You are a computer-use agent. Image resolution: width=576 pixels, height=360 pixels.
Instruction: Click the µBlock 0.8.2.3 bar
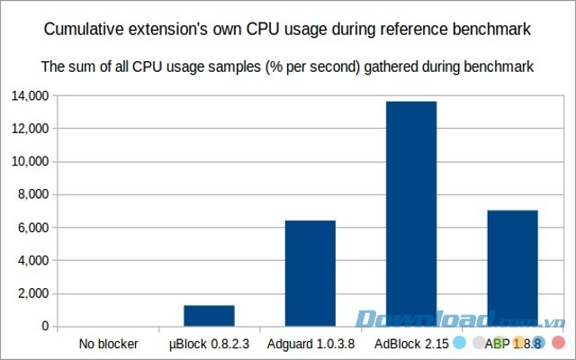209,316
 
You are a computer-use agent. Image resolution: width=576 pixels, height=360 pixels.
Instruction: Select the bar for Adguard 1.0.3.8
310,274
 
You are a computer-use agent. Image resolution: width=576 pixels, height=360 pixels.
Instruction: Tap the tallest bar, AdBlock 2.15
411,214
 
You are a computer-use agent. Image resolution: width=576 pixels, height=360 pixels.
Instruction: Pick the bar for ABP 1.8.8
512,268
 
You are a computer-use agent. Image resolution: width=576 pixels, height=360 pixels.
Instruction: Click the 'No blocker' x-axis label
108,343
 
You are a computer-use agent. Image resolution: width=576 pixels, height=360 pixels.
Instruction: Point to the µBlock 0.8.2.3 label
209,343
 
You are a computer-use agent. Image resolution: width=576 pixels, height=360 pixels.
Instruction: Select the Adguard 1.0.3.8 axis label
310,343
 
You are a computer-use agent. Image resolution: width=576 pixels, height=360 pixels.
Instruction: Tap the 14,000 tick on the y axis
31,95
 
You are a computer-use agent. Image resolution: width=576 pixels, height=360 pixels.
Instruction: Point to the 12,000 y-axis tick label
31,129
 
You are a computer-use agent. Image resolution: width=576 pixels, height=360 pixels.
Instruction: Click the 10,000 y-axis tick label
31,162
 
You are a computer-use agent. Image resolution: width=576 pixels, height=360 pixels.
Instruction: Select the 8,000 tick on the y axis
34,194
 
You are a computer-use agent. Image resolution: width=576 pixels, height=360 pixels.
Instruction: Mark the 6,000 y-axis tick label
34,228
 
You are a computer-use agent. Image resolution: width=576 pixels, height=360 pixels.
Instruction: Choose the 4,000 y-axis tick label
34,261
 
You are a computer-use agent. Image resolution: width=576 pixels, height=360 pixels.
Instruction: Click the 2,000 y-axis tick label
34,293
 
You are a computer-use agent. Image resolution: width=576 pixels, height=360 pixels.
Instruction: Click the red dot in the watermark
558,343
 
